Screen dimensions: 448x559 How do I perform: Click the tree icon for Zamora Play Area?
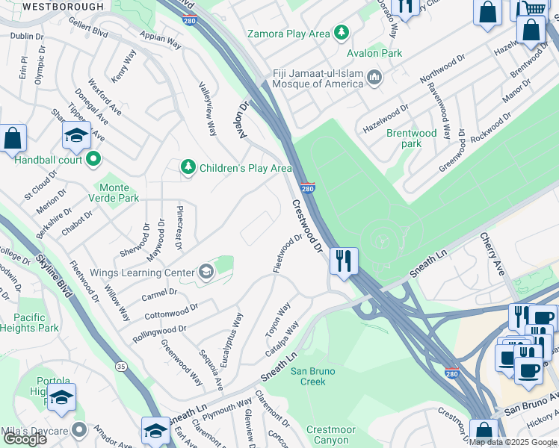342,33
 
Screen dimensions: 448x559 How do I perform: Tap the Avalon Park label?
374,53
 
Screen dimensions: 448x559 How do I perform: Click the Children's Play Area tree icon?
188,167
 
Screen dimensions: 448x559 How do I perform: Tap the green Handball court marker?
93,158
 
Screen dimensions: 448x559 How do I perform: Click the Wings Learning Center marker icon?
205,273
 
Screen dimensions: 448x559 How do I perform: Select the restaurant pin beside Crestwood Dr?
344,261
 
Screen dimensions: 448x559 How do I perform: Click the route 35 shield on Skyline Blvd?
120,366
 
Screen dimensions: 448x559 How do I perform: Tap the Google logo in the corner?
25,438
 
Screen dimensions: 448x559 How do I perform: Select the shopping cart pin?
533,8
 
